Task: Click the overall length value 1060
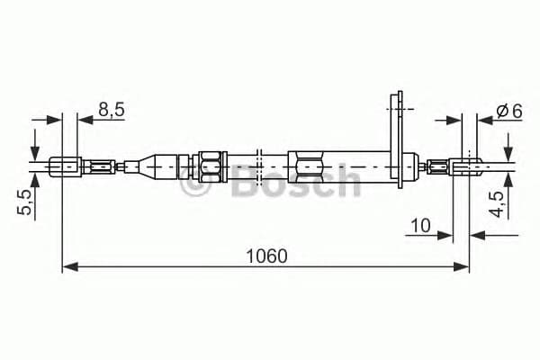click(266, 256)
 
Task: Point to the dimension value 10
click(419, 224)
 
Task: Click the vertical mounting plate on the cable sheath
click(394, 135)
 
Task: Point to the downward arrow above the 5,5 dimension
click(34, 147)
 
